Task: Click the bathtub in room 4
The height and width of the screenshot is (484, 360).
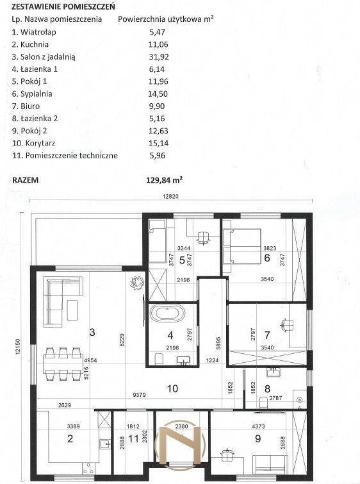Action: pyautogui.click(x=167, y=313)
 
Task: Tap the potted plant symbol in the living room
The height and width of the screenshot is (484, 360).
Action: pyautogui.click(x=137, y=282)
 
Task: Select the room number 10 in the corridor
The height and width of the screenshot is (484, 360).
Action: pyautogui.click(x=172, y=388)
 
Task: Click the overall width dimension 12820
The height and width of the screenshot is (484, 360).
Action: pyautogui.click(x=170, y=196)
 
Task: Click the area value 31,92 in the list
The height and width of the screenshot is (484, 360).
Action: pyautogui.click(x=159, y=57)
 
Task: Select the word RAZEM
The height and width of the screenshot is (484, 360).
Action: pyautogui.click(x=26, y=180)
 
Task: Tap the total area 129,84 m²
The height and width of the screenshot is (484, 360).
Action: pyautogui.click(x=164, y=180)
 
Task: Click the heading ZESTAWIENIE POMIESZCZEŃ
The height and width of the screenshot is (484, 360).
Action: pyautogui.click(x=63, y=6)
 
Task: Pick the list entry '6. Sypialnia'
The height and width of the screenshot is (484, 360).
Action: pyautogui.click(x=32, y=94)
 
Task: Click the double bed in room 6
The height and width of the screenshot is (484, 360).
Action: pyautogui.click(x=242, y=246)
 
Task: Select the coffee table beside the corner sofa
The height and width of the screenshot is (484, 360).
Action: pyautogui.click(x=72, y=310)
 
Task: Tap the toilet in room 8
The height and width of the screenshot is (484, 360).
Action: pyautogui.click(x=263, y=402)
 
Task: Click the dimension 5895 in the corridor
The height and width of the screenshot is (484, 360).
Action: pyautogui.click(x=218, y=343)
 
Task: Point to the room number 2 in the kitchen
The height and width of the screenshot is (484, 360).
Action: pyautogui.click(x=70, y=438)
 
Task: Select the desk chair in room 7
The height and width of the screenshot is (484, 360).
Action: pyautogui.click(x=287, y=325)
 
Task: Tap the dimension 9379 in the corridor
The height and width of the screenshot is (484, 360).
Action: pyautogui.click(x=140, y=395)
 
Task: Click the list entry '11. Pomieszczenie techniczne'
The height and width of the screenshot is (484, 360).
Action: pyautogui.click(x=65, y=156)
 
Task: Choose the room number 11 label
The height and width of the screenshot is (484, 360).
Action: pyautogui.click(x=133, y=438)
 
